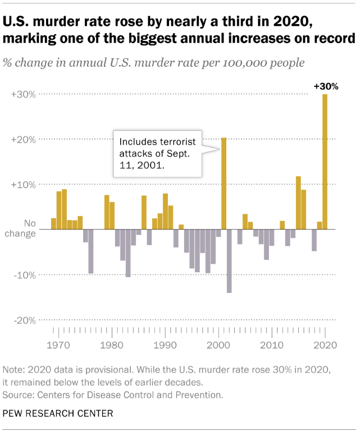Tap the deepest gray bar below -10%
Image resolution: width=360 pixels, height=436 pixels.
click(x=229, y=261)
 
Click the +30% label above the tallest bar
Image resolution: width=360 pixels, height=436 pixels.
click(x=326, y=87)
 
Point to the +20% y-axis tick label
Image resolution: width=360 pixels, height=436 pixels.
click(x=24, y=139)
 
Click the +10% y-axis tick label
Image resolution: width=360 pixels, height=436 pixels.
click(x=24, y=185)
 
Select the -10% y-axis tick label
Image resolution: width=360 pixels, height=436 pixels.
click(x=25, y=275)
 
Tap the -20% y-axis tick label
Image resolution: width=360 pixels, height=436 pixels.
click(x=25, y=320)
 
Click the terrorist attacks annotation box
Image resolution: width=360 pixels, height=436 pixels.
click(x=158, y=154)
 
